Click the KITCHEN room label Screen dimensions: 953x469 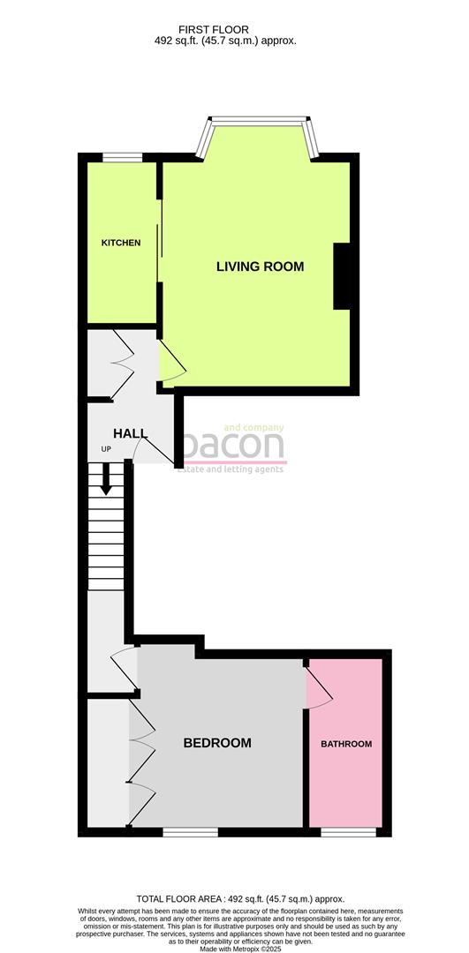click(120, 243)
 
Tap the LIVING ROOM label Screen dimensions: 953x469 click(260, 266)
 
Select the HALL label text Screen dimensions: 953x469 click(130, 434)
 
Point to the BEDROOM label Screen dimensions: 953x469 click(216, 743)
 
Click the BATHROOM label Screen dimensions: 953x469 click(345, 744)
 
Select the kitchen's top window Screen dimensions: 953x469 click(122, 158)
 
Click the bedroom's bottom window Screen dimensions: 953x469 click(190, 831)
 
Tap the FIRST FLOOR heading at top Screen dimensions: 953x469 click(225, 27)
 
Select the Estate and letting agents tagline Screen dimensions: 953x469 click(231, 469)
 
